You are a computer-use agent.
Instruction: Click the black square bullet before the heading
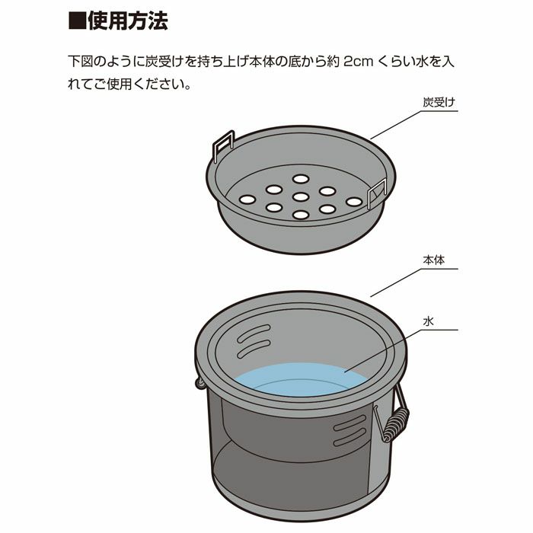pos(75,21)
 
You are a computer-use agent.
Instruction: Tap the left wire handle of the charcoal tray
pos(222,145)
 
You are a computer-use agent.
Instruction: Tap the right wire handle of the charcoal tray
pos(378,195)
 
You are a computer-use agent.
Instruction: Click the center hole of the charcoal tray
pos(300,197)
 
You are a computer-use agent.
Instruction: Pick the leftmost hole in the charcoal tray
pos(246,199)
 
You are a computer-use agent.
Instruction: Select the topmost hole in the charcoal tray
pos(300,179)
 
